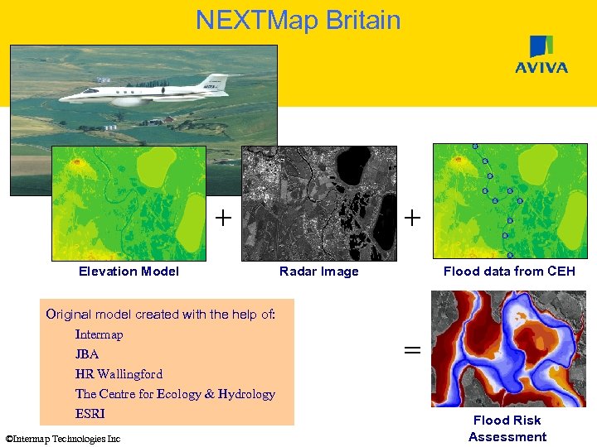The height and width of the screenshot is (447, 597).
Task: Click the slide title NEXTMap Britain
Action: coord(298,20)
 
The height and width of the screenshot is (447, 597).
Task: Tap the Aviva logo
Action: coord(541,55)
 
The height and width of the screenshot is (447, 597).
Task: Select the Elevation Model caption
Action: coord(129,272)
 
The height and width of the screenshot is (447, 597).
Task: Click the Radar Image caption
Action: coord(319,272)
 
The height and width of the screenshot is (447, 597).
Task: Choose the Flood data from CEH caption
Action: coord(509,272)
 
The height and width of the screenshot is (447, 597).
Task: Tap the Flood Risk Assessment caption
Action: coord(507,429)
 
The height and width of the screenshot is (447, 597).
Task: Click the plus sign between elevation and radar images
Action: coord(223,218)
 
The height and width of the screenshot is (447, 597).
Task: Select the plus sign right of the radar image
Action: coord(411,218)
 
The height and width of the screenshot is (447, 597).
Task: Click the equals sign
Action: coord(411,351)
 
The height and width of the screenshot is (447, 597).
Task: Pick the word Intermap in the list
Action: coord(99,334)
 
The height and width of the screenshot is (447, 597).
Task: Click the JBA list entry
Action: coord(87,354)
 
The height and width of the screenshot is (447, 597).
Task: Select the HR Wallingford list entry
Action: coord(119,374)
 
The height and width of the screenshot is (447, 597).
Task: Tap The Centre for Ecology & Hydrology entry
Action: coord(175,394)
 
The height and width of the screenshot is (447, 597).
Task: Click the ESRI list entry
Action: coord(90,414)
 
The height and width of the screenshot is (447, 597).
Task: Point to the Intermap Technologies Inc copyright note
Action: coord(62,439)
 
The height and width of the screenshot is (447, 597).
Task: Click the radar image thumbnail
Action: coord(319,204)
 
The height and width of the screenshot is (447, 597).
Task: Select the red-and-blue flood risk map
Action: coord(507,348)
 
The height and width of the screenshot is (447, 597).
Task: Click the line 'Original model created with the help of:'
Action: coord(159,315)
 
